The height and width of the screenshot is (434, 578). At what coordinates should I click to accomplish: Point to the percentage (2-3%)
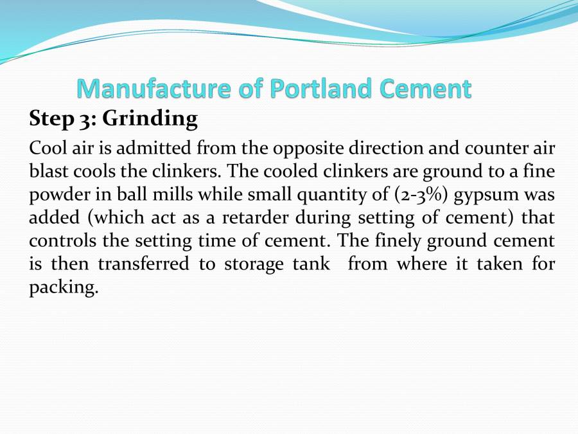tap(421, 195)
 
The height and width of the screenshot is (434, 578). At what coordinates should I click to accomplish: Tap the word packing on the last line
tap(63, 288)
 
